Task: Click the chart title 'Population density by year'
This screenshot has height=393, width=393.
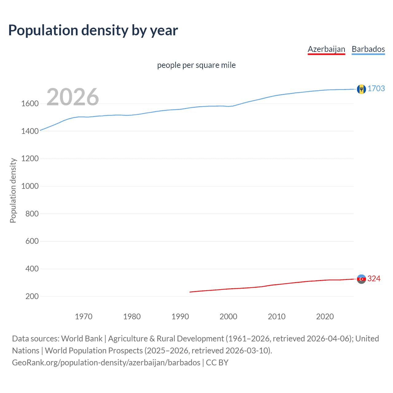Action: click(x=93, y=30)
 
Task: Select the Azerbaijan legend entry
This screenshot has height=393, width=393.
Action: click(x=326, y=49)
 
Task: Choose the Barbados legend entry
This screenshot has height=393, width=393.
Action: click(x=368, y=49)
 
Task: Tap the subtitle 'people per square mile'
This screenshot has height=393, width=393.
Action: click(x=196, y=65)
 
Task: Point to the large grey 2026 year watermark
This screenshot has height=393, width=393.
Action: click(x=73, y=97)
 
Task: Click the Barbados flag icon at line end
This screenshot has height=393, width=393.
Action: click(x=361, y=89)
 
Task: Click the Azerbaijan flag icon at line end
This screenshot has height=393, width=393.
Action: click(x=361, y=279)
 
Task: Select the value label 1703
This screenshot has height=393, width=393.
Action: click(x=376, y=88)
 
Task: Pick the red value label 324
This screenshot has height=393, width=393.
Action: click(x=374, y=278)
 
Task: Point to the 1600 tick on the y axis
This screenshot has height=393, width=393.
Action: click(x=30, y=103)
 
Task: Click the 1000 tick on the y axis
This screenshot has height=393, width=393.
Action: click(x=30, y=186)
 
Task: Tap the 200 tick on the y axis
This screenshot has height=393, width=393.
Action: click(x=32, y=296)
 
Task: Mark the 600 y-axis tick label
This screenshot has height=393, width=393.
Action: click(x=32, y=241)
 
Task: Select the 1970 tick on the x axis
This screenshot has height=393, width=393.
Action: click(x=84, y=317)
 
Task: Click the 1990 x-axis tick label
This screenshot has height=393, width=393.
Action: click(x=180, y=317)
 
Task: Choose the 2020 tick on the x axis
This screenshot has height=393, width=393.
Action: click(x=325, y=317)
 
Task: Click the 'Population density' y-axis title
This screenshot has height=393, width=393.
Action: click(x=13, y=190)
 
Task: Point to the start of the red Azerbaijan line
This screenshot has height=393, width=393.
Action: click(x=190, y=292)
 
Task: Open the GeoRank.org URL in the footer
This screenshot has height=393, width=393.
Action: click(x=106, y=363)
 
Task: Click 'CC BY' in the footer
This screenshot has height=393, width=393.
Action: click(x=217, y=363)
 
